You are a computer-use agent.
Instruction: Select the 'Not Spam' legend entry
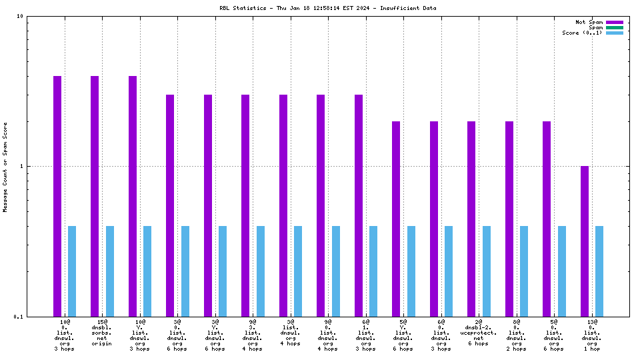click(x=589, y=22)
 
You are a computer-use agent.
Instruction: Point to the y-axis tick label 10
click(x=19, y=16)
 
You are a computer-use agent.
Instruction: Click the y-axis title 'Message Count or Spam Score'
click(x=5, y=167)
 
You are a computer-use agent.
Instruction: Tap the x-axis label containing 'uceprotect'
click(x=479, y=333)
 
